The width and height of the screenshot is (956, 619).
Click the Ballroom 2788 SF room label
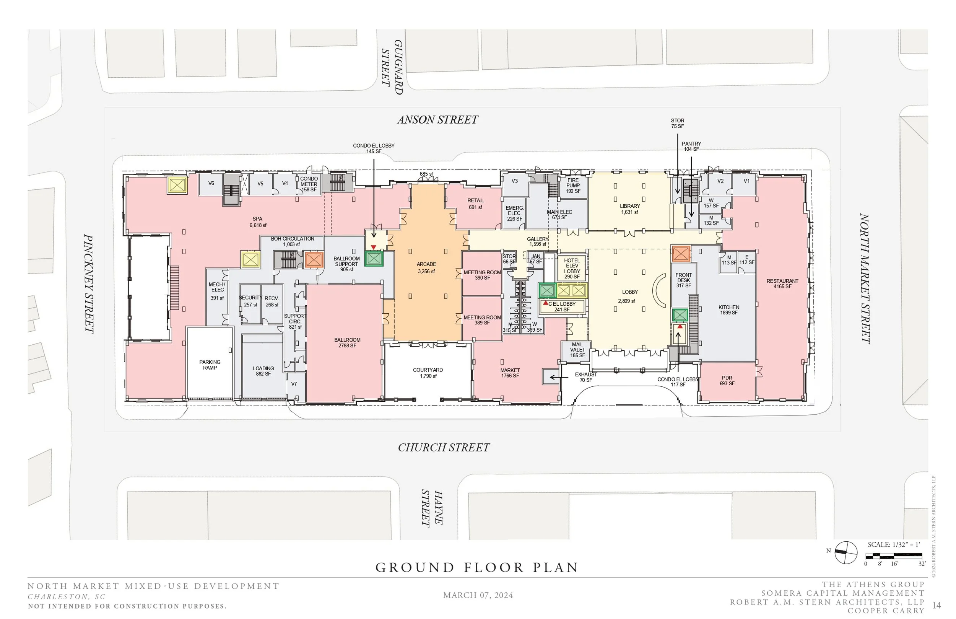pyautogui.click(x=347, y=342)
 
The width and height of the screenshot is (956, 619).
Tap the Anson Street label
pyautogui.click(x=437, y=119)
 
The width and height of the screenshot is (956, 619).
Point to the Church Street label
pyautogui.click(x=444, y=447)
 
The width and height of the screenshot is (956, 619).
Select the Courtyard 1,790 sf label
pyautogui.click(x=428, y=373)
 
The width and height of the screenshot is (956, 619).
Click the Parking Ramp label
pyautogui.click(x=210, y=365)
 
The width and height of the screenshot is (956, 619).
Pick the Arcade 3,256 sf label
pyautogui.click(x=426, y=268)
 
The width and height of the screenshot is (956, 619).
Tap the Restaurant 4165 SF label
pyautogui.click(x=782, y=283)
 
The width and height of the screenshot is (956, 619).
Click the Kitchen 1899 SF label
pyautogui.click(x=728, y=309)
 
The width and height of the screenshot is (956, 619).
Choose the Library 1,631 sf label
pyautogui.click(x=629, y=209)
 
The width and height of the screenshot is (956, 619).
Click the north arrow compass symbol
pyautogui.click(x=845, y=553)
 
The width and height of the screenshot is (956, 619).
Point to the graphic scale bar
pyautogui.click(x=893, y=556)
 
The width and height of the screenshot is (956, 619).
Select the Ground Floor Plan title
pyautogui.click(x=477, y=567)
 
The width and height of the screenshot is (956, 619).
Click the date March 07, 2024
pyautogui.click(x=478, y=595)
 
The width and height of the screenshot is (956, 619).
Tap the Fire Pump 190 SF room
pyautogui.click(x=573, y=186)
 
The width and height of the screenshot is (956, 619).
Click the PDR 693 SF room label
pyautogui.click(x=727, y=380)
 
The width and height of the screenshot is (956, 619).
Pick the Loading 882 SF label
pyautogui.click(x=263, y=371)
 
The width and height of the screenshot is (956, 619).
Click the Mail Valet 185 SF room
pyautogui.click(x=577, y=350)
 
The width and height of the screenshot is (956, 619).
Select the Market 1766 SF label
pyautogui.click(x=510, y=373)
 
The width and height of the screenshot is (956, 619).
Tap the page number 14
pyautogui.click(x=936, y=605)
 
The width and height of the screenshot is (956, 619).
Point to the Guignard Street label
pyautogui.click(x=392, y=67)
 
